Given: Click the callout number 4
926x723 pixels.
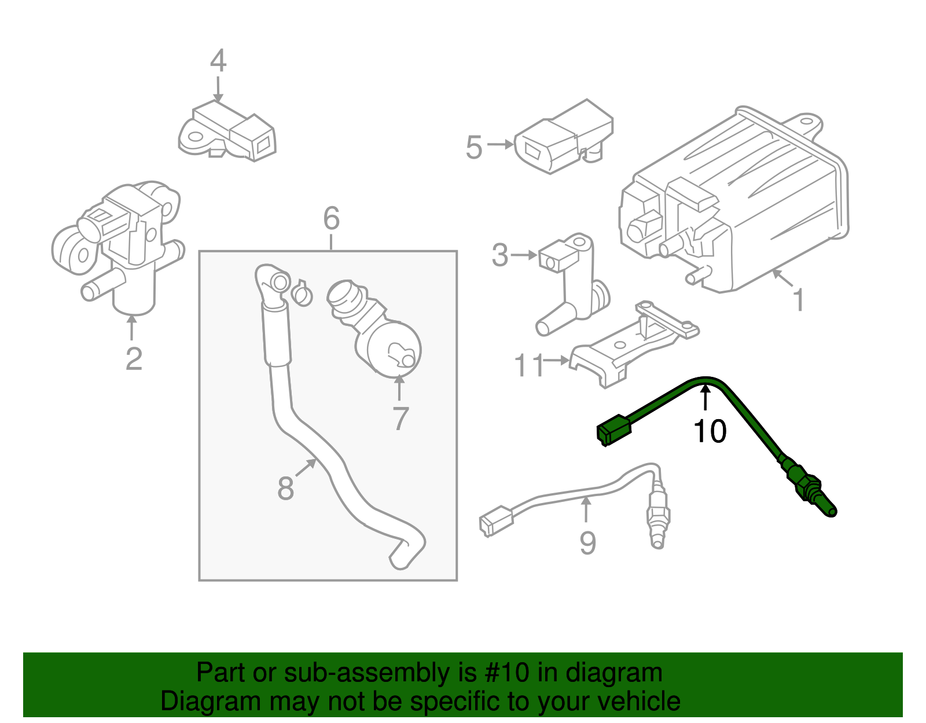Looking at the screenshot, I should (x=218, y=61).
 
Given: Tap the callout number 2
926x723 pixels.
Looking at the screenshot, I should (x=134, y=359).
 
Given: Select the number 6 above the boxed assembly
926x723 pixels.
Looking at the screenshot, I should (x=331, y=219).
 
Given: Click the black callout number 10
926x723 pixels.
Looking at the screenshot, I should (x=710, y=432).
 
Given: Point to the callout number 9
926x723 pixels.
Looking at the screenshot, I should (x=587, y=543).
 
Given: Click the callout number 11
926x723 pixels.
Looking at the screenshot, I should (x=530, y=365).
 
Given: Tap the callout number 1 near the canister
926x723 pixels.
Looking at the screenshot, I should (x=799, y=300).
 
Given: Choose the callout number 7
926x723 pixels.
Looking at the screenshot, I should (x=400, y=419).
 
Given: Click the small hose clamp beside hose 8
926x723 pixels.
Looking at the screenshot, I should (x=302, y=293).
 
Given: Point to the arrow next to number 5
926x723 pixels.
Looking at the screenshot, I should (x=500, y=144).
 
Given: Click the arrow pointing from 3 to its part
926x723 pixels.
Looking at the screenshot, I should (x=524, y=255).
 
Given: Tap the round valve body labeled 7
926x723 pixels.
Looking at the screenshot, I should (x=391, y=347).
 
